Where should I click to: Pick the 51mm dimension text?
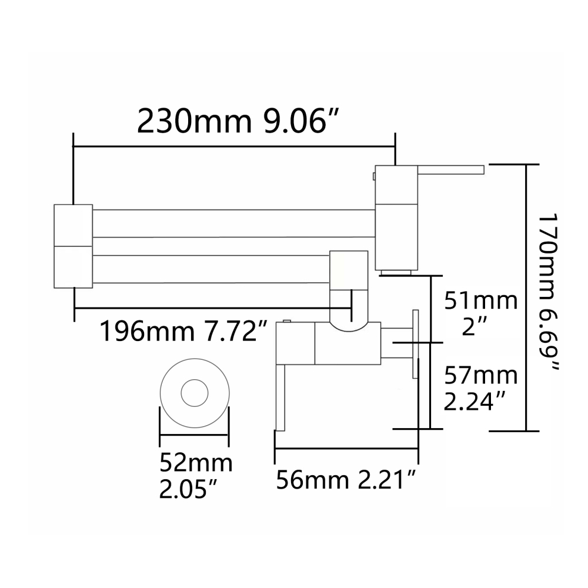(481, 300)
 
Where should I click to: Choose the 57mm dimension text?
(481, 376)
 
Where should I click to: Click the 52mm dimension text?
(196, 463)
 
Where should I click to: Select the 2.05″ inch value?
(189, 489)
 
